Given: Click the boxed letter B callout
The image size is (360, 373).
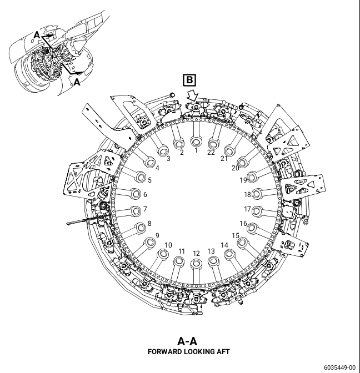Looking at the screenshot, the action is point(189,80).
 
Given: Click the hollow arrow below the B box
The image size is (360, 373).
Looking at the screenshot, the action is point(192,97).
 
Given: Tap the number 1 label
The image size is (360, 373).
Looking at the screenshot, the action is point(196,150).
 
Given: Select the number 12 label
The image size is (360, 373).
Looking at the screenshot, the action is point(196,253).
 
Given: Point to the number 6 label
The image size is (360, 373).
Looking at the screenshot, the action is point(145,194).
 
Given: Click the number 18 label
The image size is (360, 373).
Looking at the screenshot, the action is point(247,194).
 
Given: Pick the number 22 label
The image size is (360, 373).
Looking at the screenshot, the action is point(211,152).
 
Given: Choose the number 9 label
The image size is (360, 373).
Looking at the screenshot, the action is point(157,235).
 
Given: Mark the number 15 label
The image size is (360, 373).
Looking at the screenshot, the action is point(236,235).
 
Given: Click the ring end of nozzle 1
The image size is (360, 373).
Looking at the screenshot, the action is point(197,142).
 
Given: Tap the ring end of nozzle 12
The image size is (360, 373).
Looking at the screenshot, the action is point(197,264).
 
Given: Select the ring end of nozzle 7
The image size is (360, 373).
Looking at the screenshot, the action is point(136,211).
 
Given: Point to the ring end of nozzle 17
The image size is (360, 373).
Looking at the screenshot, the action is point(257,211).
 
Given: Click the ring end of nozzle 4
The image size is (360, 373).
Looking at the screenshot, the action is point(150,163).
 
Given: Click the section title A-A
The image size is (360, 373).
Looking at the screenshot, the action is point(187,341).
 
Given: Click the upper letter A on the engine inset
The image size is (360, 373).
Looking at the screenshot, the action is point(37,35).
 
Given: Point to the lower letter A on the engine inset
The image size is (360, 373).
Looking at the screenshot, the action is point(77,82).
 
